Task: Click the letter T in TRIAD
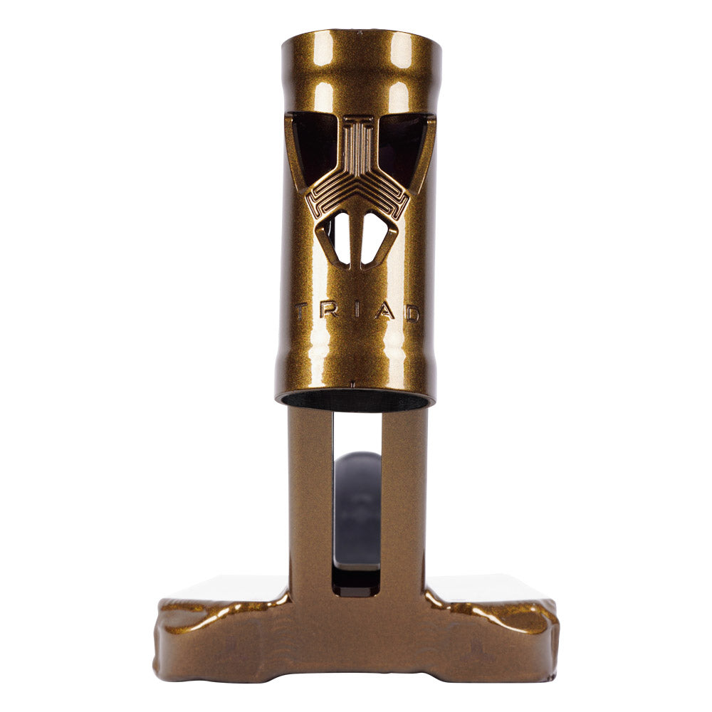302,310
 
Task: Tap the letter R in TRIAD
330,311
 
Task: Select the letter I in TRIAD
356,311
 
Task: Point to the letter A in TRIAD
384,311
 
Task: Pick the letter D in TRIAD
412,312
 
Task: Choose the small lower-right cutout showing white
376,239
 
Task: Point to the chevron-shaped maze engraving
357,189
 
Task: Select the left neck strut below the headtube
310,498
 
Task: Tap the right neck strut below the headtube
404,498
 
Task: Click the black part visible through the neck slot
356,513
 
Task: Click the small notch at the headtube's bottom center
353,384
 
